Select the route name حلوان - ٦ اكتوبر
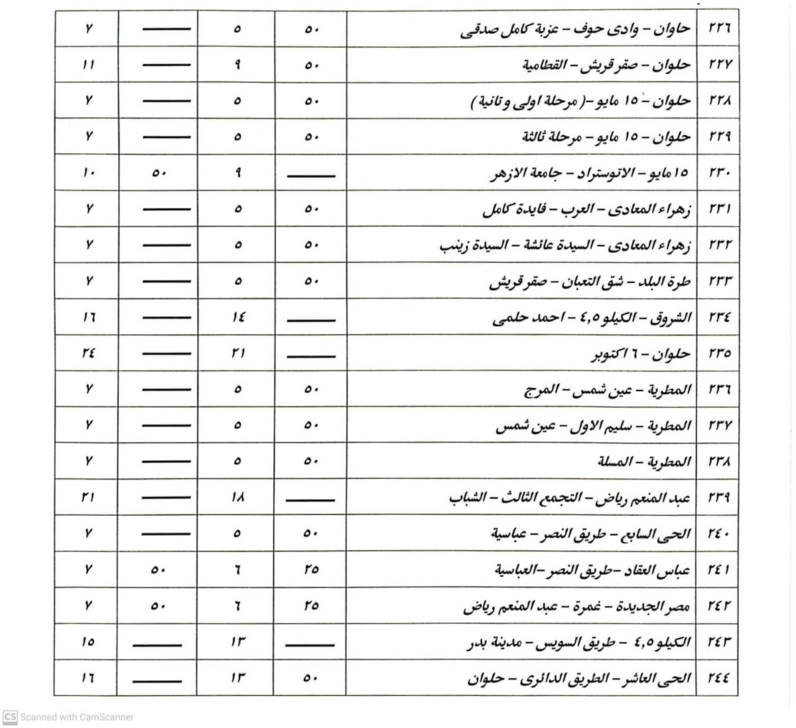pos(641,354)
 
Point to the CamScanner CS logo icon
pos(10,717)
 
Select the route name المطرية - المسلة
pos(644,461)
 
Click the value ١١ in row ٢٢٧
pos(89,65)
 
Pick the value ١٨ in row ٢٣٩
pos(238,497)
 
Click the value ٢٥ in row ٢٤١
pos(312,569)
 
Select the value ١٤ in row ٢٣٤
pos(238,317)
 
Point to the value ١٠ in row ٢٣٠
pos(89,173)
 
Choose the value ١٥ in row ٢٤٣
pos(89,641)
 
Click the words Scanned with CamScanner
pos(77,717)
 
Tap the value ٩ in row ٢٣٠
pos(238,173)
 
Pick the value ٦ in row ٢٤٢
pos(238,605)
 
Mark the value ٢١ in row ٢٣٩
pos(89,497)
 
